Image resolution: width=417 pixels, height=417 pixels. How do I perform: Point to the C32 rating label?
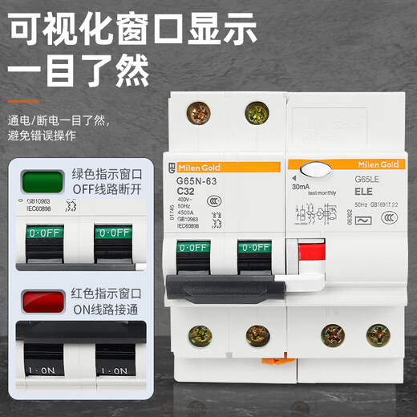tap(186, 192)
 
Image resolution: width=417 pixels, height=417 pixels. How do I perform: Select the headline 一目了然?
tap(79, 68)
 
